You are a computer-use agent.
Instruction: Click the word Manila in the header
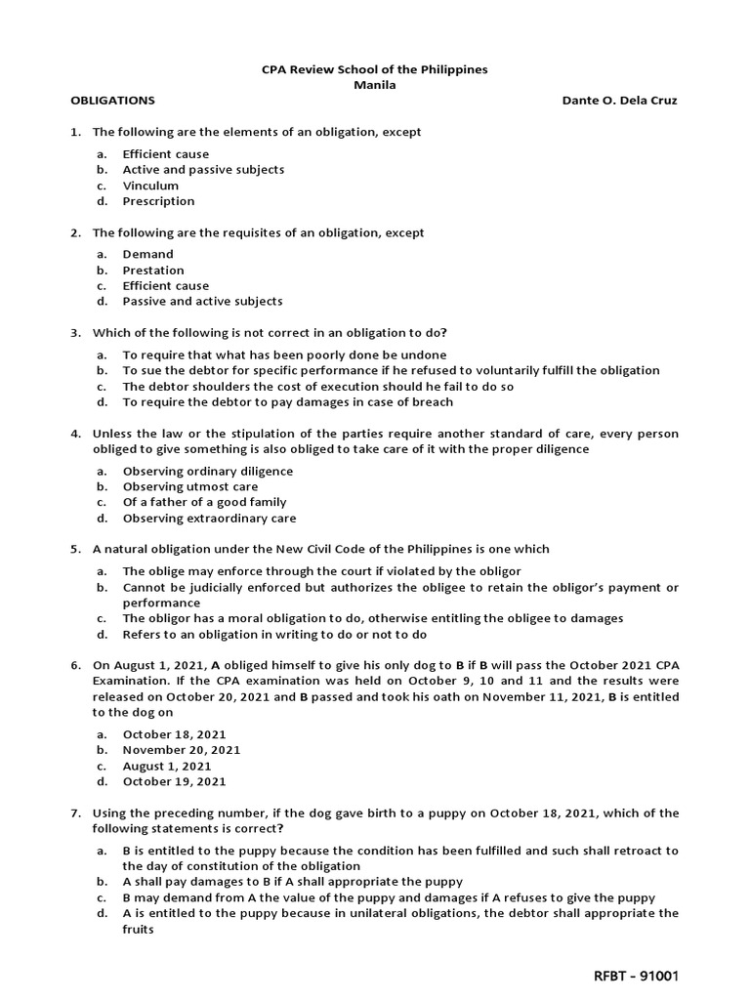click(x=375, y=85)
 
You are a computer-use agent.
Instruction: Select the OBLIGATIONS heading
click(x=112, y=101)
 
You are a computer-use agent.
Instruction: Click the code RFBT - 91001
click(x=637, y=976)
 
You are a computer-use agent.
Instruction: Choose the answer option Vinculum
click(x=150, y=186)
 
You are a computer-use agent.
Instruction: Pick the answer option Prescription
click(x=158, y=201)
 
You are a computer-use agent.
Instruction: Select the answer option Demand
click(x=147, y=254)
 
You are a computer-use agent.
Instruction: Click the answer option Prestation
click(x=153, y=270)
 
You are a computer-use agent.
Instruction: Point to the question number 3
click(x=74, y=333)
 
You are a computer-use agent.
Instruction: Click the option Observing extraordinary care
click(x=209, y=519)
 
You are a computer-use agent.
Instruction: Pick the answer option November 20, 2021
click(x=181, y=750)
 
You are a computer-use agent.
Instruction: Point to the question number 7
click(x=74, y=813)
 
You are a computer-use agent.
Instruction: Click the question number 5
click(x=74, y=549)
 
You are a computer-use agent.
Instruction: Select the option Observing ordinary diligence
click(x=207, y=471)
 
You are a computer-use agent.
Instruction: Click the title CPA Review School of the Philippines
click(x=375, y=69)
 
